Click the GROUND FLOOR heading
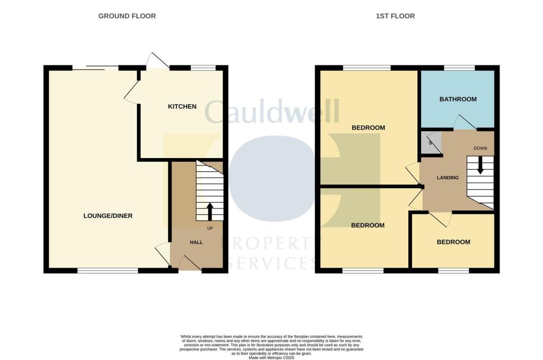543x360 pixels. click(x=127, y=16)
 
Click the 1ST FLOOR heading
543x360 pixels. click(x=395, y=16)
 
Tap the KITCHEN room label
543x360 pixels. click(x=182, y=107)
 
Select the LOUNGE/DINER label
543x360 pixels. click(x=108, y=216)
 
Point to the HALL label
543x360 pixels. click(x=196, y=242)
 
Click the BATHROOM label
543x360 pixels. click(x=458, y=99)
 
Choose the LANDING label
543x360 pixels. click(x=448, y=178)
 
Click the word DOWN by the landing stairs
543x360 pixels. click(x=480, y=148)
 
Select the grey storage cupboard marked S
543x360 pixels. click(x=431, y=142)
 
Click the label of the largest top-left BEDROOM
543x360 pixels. click(x=368, y=128)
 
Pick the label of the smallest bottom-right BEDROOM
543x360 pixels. click(x=453, y=242)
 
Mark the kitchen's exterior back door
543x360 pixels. click(x=157, y=61)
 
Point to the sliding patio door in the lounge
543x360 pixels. click(x=95, y=67)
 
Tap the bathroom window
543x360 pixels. click(x=459, y=67)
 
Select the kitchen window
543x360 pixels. click(x=203, y=67)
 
